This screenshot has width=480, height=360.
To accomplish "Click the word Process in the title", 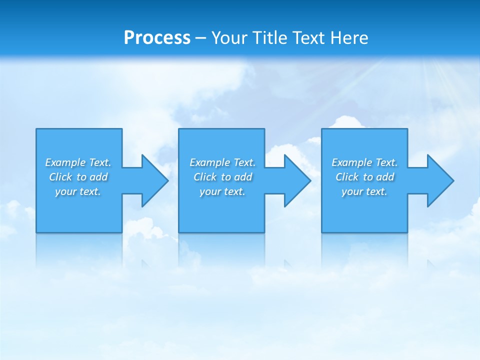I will [157, 38].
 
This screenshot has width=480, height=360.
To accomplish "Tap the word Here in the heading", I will [350, 38].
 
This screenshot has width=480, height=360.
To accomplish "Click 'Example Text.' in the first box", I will [78, 162].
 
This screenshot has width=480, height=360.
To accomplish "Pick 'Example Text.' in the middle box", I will [222, 162].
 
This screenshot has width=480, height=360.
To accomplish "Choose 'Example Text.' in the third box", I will [364, 162].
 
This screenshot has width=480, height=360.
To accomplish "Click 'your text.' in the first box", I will [78, 191].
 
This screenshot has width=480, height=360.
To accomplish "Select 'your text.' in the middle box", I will [222, 191].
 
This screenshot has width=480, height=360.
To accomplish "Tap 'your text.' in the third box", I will [364, 191].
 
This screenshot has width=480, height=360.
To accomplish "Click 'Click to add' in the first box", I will [78, 177].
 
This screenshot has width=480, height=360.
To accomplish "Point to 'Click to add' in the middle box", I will [222, 177].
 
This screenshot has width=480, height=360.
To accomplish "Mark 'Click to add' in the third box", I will [364, 177].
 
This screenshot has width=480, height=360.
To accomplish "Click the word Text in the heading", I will [308, 38].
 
